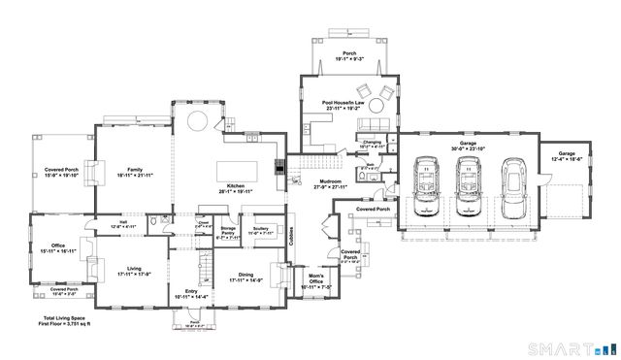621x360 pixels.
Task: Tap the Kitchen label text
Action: [x=236, y=186]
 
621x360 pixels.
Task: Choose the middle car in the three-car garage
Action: [x=469, y=185]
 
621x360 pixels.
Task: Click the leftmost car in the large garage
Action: [x=424, y=185]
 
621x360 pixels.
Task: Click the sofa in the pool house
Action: [x=373, y=123]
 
